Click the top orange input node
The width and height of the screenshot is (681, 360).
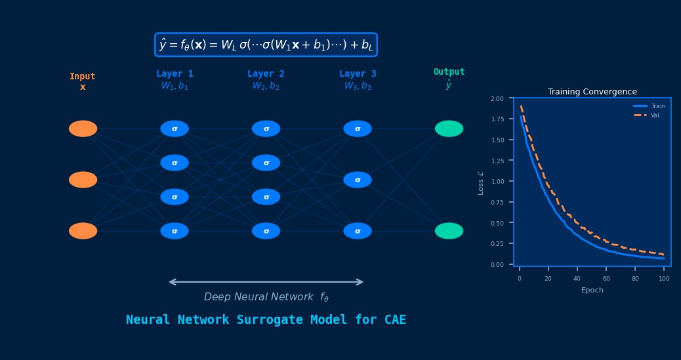(83, 129)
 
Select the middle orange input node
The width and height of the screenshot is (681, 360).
(83, 180)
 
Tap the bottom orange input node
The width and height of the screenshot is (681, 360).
(83, 231)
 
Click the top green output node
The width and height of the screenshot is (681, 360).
(449, 129)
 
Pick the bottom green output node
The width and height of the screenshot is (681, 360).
(449, 231)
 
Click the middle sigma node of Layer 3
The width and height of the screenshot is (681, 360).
(358, 180)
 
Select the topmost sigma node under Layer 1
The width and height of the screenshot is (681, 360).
(175, 129)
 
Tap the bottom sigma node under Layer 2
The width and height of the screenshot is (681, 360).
(266, 231)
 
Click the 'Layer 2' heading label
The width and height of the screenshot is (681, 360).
(266, 74)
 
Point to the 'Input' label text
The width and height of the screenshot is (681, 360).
(83, 77)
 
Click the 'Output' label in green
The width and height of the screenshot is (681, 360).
(449, 72)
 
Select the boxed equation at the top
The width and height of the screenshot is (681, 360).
(266, 45)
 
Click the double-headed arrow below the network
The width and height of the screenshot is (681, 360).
(266, 282)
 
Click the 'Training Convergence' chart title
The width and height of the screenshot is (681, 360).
(592, 92)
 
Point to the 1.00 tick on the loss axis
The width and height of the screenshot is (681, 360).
(497, 182)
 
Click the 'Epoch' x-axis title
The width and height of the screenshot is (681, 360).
(592, 290)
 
